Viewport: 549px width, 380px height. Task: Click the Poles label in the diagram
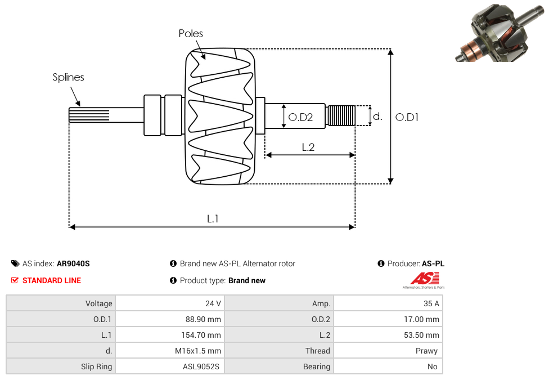pyautogui.click(x=191, y=34)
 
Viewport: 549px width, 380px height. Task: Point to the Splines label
pyautogui.click(x=68, y=77)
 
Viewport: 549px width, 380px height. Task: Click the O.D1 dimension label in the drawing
pyautogui.click(x=407, y=117)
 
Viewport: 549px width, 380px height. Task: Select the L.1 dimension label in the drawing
pyautogui.click(x=212, y=219)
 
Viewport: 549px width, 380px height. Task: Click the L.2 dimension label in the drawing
pyautogui.click(x=308, y=147)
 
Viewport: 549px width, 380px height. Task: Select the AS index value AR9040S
pyautogui.click(x=73, y=263)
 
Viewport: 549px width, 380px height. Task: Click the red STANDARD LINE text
pyautogui.click(x=52, y=280)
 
